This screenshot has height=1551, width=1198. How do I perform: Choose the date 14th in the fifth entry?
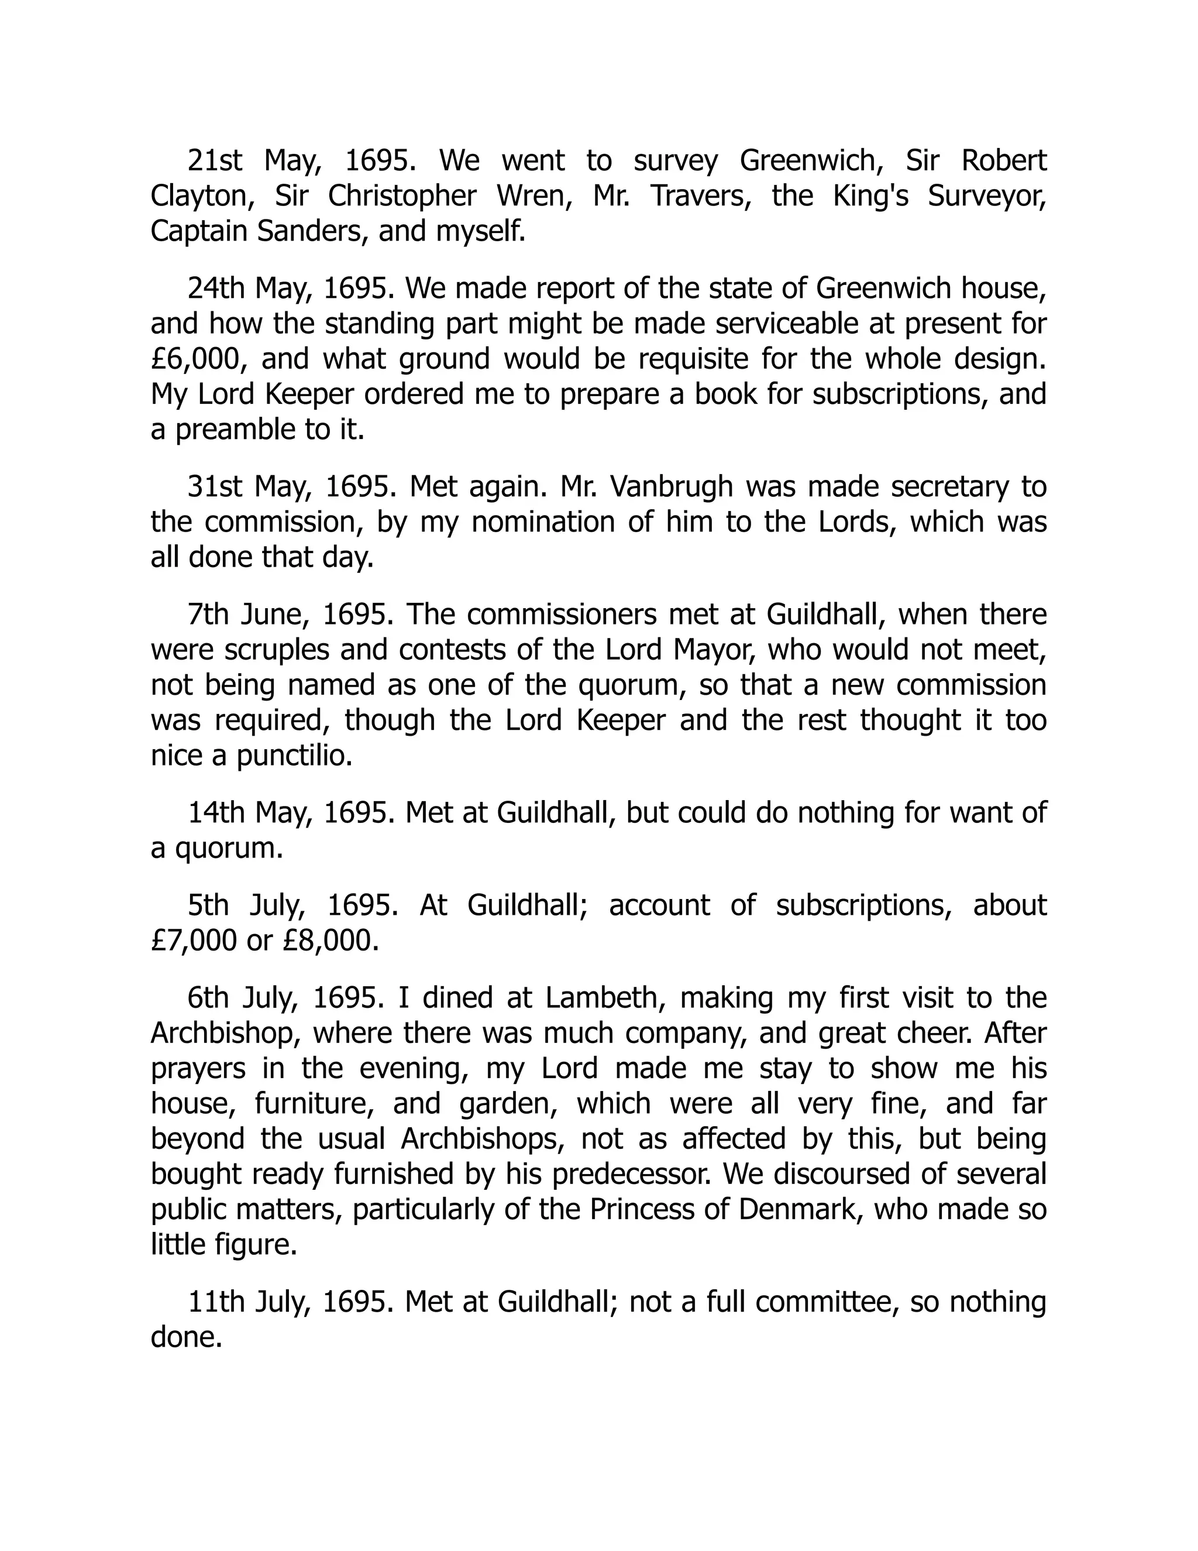click(x=216, y=813)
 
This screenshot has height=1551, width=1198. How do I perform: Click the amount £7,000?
click(x=194, y=941)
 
